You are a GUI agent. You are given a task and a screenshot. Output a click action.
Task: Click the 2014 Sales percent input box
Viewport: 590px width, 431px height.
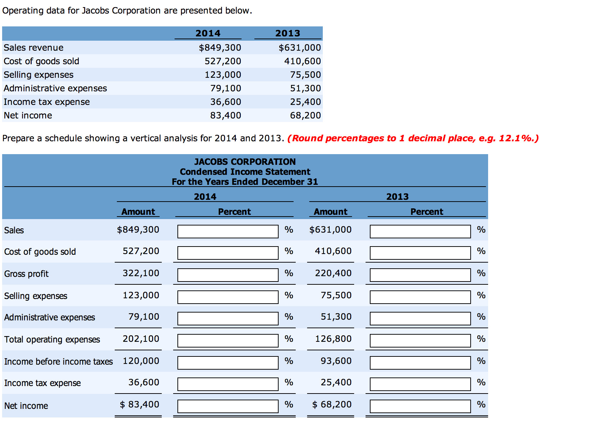tap(228, 231)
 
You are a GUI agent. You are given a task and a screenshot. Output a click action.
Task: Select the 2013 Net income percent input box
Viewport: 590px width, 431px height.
tap(420, 406)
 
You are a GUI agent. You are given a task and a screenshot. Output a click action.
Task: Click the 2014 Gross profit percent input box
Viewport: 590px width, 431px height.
tap(228, 275)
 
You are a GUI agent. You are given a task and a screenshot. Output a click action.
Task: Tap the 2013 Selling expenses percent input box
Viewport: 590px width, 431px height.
tap(420, 297)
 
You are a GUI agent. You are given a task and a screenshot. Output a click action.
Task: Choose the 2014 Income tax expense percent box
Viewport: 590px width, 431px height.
tap(228, 384)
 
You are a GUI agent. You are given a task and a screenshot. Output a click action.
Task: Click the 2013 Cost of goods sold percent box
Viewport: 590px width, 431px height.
tap(420, 253)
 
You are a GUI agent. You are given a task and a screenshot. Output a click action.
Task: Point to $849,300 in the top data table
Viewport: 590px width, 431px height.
tap(220, 47)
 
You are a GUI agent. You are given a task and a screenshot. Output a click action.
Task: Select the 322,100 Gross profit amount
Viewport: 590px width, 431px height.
tap(141, 273)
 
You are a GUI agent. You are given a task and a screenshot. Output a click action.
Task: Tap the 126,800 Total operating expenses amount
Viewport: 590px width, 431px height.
tap(333, 339)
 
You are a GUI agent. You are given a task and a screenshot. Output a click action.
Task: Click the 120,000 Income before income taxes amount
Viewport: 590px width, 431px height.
tap(141, 361)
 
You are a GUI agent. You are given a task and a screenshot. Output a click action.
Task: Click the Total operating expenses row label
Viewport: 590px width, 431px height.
tap(52, 340)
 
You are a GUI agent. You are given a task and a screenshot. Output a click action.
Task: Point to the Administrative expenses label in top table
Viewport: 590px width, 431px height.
tap(55, 88)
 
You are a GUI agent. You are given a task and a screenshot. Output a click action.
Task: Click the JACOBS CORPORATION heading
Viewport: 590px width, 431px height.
tap(245, 162)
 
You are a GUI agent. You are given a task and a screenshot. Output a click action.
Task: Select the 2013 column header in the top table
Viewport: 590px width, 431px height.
tap(288, 33)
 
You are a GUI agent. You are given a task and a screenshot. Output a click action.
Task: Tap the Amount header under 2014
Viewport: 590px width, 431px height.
tap(138, 212)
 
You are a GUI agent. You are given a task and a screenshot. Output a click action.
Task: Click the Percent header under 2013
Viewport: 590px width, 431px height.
tap(426, 212)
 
